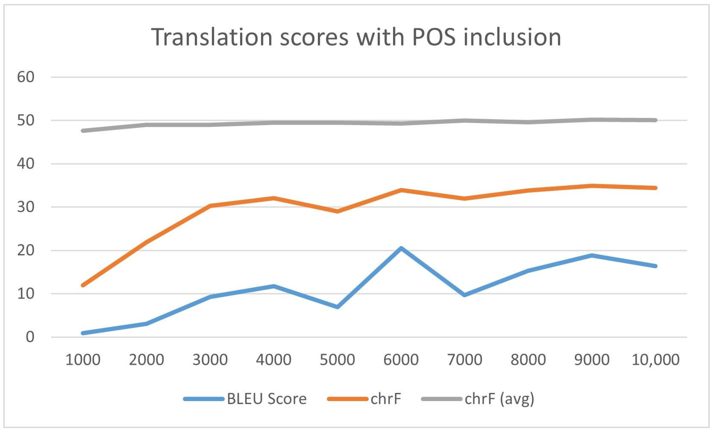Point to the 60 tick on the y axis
pos(26,77)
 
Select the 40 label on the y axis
pos(26,164)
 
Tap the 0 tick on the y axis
pos(30,337)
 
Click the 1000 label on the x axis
pos(83,360)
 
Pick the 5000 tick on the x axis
pos(337,360)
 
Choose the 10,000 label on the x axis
pos(655,360)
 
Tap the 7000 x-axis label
pos(464,360)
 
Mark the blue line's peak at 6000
pos(401,248)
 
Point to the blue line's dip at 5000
pos(338,307)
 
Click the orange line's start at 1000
pos(83,285)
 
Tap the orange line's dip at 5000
pos(338,211)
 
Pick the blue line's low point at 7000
pos(464,295)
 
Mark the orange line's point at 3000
pos(210,206)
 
